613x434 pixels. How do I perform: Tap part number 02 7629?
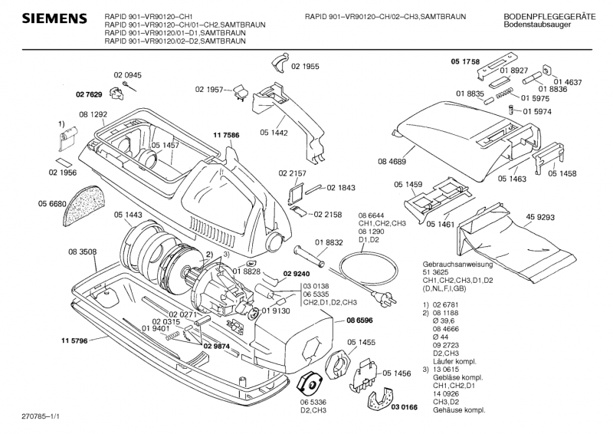(89, 94)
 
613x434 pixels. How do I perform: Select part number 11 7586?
(226, 135)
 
